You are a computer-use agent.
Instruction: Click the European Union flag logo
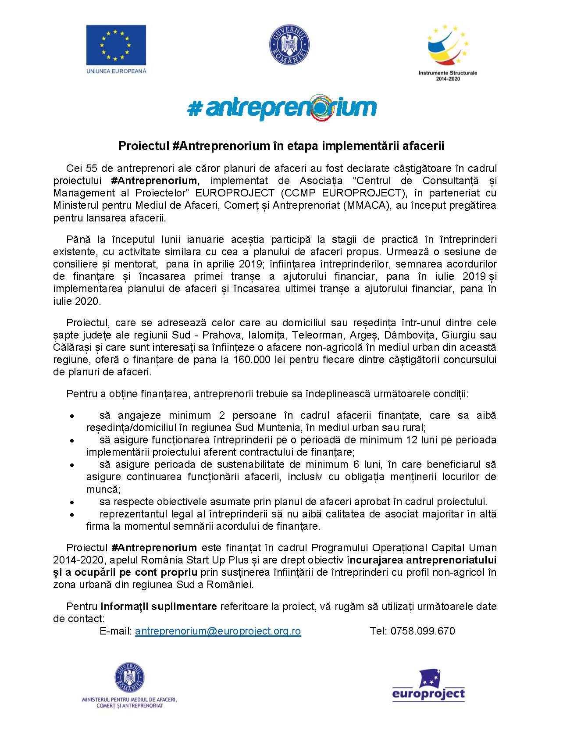116,44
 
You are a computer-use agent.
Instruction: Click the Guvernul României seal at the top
289,45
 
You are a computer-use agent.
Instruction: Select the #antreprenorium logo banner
282,107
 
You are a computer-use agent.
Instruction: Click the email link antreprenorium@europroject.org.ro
218,631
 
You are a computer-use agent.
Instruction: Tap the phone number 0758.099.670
423,631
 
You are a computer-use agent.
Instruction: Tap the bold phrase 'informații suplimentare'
159,606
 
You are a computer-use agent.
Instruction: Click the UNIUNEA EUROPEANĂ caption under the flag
116,71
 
